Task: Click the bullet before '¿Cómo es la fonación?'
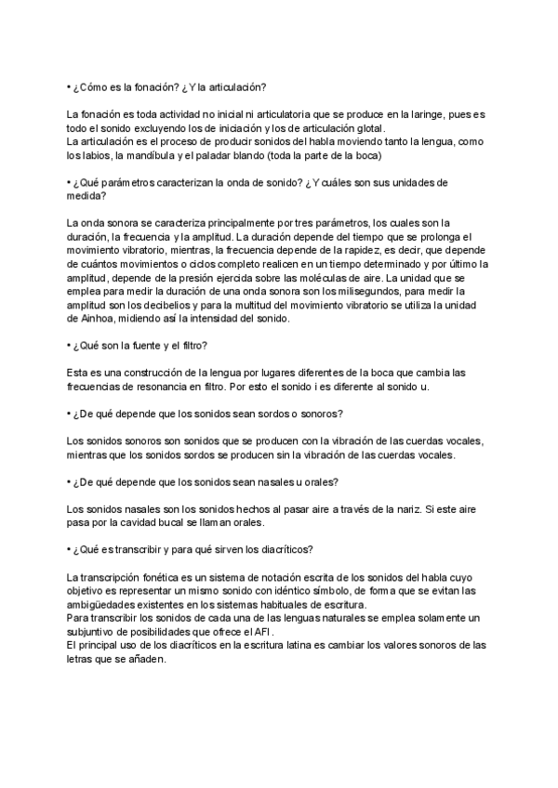tap(71, 87)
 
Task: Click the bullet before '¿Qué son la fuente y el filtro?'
tap(71, 346)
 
